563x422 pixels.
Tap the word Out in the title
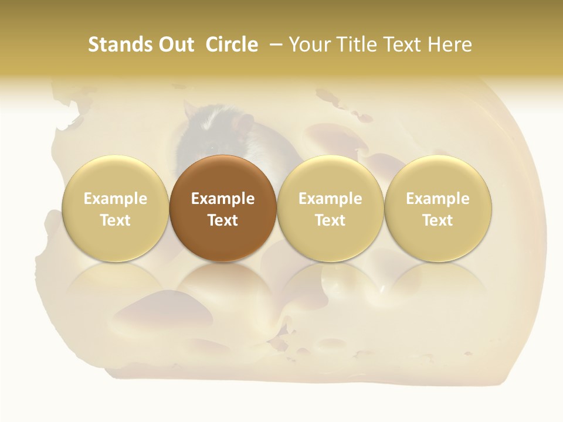pos(174,45)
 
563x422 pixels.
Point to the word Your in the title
pos(308,45)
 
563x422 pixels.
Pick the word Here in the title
pos(450,45)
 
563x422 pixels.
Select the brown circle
pos(222,208)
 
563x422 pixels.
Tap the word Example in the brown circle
pos(222,199)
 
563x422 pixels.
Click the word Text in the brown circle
pos(222,220)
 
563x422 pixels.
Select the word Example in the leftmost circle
pos(115,199)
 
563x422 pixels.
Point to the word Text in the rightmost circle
pos(437,220)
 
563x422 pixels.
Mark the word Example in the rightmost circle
pos(437,199)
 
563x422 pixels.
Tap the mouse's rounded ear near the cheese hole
pos(189,110)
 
